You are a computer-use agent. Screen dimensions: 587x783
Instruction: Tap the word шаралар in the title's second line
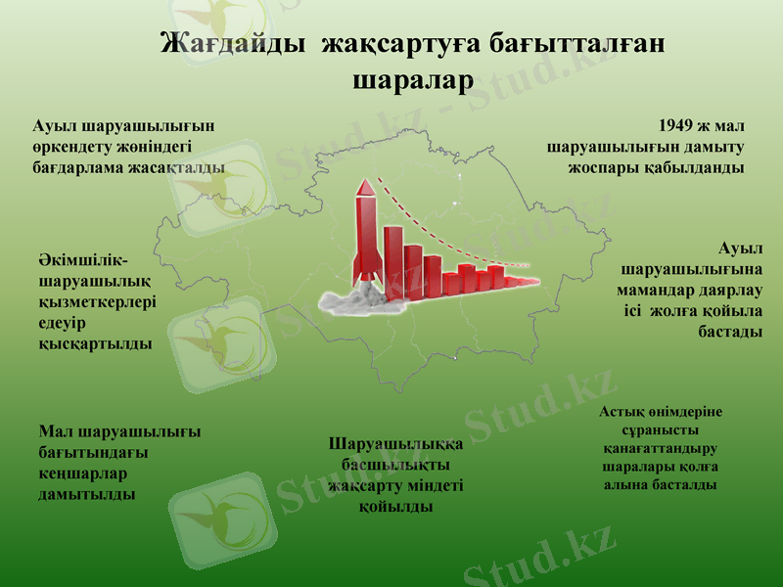(x=410, y=78)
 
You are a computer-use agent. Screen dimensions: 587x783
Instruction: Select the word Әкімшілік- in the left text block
(x=83, y=259)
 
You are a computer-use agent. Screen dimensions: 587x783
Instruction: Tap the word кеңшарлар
(x=83, y=473)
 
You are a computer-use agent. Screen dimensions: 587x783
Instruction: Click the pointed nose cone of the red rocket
(x=364, y=187)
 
